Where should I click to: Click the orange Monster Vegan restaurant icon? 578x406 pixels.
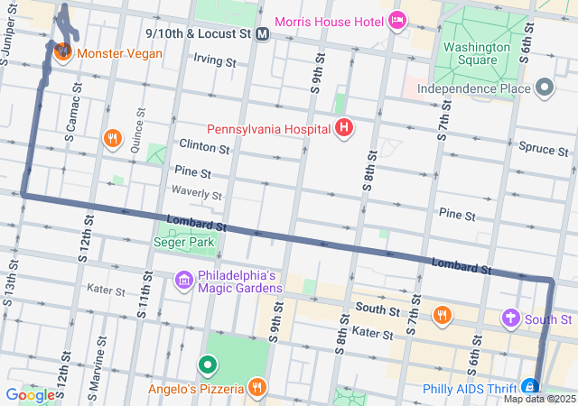(x=63, y=52)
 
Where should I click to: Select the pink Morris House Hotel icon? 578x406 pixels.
(x=396, y=20)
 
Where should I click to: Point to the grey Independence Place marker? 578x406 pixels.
(x=544, y=88)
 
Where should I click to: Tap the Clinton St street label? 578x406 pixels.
(x=198, y=145)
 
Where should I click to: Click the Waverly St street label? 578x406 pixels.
(x=197, y=194)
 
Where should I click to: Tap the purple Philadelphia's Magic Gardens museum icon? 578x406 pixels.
(x=184, y=281)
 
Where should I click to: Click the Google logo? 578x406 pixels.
(x=30, y=394)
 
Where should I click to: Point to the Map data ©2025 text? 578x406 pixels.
(x=539, y=399)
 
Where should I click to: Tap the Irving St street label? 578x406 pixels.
(x=214, y=62)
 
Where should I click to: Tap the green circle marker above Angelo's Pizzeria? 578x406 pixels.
(x=207, y=365)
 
